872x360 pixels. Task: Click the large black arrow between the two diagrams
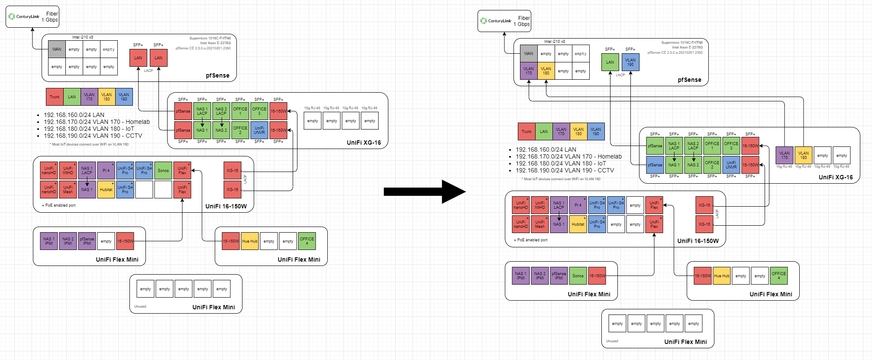424,191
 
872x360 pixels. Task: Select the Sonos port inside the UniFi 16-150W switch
163,171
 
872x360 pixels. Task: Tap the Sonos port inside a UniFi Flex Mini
578,276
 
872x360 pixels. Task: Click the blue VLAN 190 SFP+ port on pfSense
630,62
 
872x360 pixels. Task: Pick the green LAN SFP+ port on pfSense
610,62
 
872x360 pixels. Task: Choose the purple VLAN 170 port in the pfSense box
529,71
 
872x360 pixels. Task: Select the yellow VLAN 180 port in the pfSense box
546,71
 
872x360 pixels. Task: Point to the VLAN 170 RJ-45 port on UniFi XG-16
785,156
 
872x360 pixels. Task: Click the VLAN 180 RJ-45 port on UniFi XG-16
804,156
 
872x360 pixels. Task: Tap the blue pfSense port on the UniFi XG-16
655,165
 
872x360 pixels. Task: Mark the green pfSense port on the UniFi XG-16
655,146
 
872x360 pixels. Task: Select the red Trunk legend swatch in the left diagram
55,97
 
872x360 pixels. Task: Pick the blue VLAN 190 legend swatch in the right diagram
596,132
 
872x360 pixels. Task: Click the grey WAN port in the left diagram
57,49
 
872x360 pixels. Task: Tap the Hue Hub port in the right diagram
722,276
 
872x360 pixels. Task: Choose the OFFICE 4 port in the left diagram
307,241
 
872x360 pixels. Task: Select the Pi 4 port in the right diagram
578,205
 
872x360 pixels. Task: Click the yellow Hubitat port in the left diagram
106,190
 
